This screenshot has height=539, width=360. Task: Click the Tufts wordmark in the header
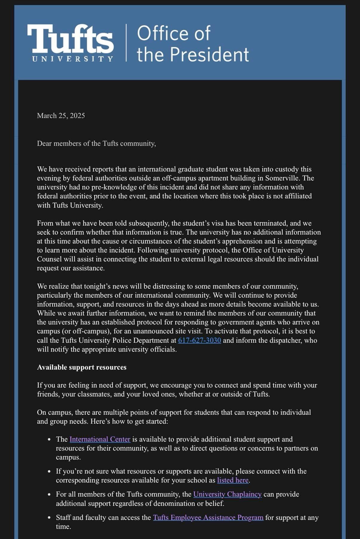point(70,38)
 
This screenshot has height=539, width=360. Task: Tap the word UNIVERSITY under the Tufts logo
point(73,59)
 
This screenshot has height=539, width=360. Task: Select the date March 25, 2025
point(61,116)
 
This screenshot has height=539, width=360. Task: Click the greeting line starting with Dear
point(96,143)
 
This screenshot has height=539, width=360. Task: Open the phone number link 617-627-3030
point(199,340)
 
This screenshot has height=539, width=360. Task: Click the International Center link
point(100,439)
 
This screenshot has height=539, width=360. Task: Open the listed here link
point(233,480)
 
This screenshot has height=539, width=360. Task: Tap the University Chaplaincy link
point(227,494)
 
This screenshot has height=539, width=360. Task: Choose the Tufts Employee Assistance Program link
point(208,517)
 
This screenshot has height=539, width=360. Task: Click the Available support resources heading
point(82,367)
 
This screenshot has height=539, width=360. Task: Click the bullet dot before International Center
point(49,440)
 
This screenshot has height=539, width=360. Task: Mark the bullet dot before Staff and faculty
point(49,518)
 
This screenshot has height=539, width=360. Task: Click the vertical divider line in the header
point(126,43)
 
